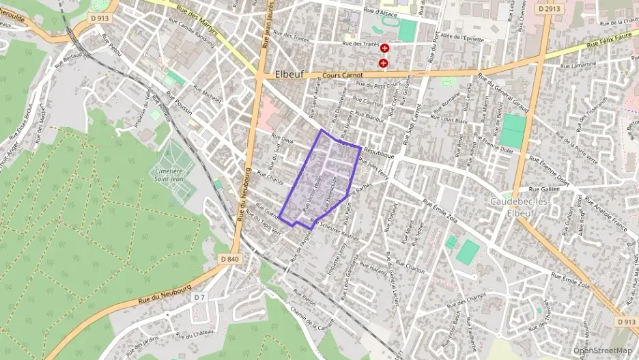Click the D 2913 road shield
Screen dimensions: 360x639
(x=549, y=9)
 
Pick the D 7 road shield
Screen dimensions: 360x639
(x=199, y=297)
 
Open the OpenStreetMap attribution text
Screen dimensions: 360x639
(x=602, y=350)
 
